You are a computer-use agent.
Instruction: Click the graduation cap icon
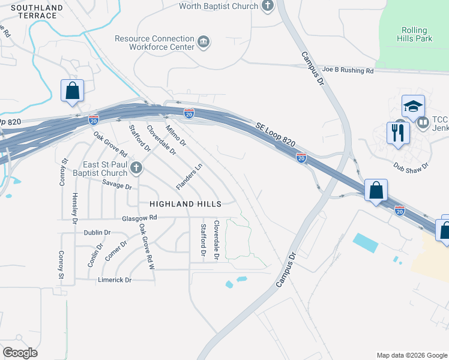413,106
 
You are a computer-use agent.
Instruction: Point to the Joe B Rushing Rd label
348,71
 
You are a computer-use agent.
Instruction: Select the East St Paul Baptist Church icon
136,169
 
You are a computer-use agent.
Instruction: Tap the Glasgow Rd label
139,218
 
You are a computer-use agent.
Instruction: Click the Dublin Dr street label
97,233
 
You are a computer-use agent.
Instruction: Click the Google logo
20,353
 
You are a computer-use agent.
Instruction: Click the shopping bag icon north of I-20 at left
72,91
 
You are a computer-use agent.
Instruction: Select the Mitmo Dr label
176,135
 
